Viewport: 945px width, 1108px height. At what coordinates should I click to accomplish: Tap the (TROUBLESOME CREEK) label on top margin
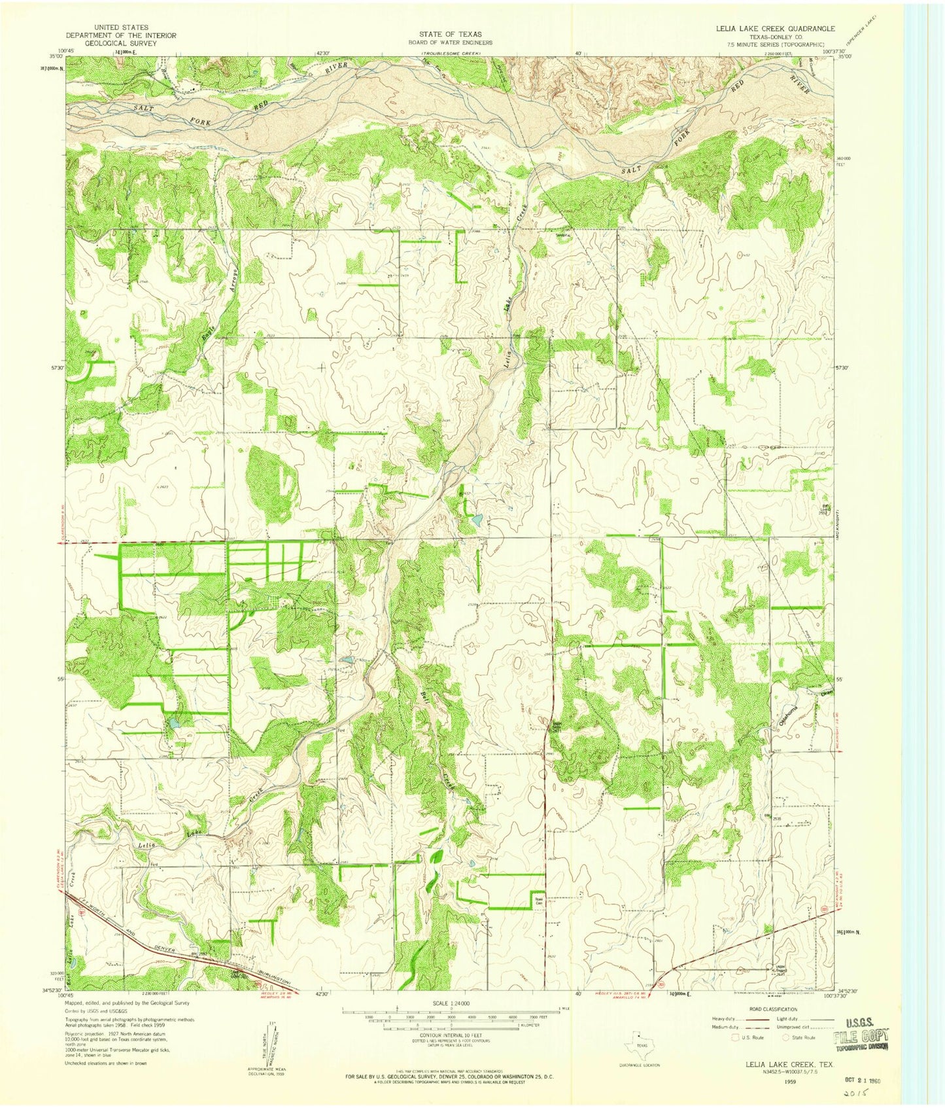point(451,52)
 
